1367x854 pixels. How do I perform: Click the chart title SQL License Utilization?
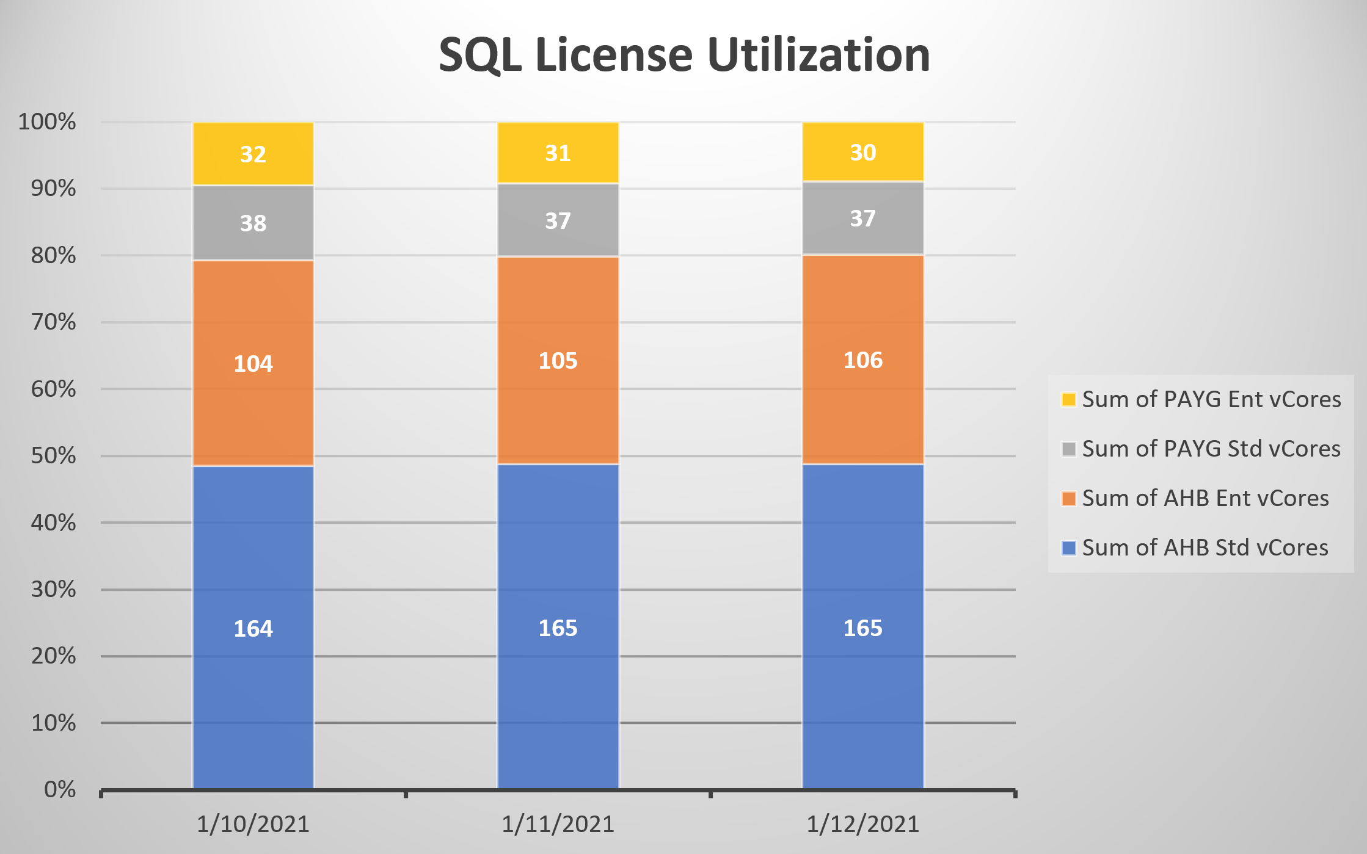(684, 55)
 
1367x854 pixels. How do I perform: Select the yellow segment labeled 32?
(253, 153)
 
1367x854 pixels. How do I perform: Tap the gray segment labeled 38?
(253, 223)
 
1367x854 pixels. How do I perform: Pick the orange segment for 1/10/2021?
(253, 363)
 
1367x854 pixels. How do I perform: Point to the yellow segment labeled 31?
(558, 153)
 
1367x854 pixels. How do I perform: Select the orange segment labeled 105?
(558, 360)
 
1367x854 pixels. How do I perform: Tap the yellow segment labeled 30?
(862, 152)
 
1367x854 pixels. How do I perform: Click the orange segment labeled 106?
(862, 360)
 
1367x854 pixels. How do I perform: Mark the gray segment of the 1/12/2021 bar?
(862, 218)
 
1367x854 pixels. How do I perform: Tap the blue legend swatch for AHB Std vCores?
(1068, 548)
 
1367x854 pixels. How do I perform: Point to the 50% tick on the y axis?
(54, 456)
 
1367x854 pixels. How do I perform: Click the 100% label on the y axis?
(47, 121)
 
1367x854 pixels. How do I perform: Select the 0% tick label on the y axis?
(60, 789)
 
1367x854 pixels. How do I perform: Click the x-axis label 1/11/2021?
(558, 824)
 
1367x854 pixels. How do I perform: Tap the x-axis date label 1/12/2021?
(862, 824)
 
